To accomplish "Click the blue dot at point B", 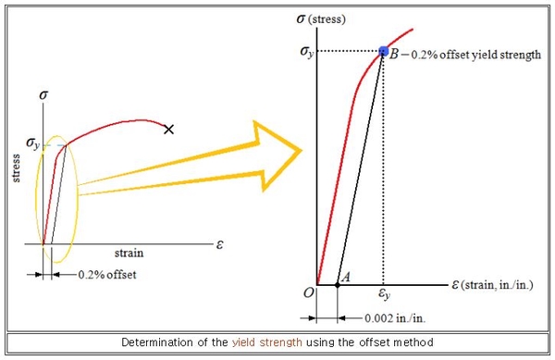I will point(383,50).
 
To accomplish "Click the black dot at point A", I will point(337,285).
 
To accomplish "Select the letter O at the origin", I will point(308,294).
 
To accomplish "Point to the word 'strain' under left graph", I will point(128,252).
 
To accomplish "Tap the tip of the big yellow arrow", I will point(304,146).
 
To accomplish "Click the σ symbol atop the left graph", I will point(42,95).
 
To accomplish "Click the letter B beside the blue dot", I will point(395,56).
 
